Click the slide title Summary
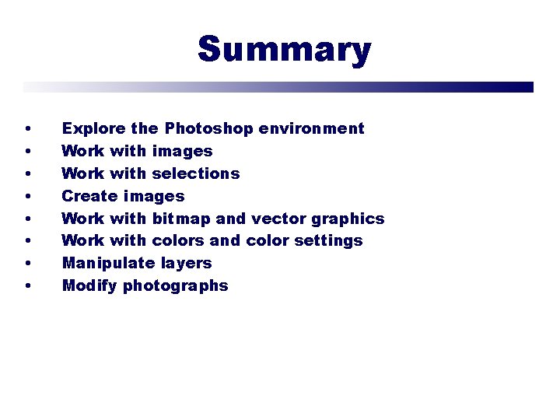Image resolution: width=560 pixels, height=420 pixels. [284, 50]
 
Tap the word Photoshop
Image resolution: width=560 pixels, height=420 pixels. [211, 128]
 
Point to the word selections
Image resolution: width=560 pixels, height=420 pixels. [196, 173]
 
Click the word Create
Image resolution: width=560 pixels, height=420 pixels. [89, 196]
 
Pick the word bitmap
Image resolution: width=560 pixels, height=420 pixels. [181, 219]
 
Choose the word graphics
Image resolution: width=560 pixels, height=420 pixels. [348, 219]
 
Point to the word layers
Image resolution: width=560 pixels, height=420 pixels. [186, 264]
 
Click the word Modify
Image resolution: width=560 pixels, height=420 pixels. [89, 286]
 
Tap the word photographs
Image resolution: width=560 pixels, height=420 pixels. [176, 286]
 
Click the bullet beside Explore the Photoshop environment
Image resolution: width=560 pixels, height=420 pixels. [28, 129]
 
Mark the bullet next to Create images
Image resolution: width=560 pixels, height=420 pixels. [28, 197]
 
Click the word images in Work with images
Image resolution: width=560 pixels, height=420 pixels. [182, 152]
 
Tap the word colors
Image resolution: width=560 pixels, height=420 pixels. [180, 241]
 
